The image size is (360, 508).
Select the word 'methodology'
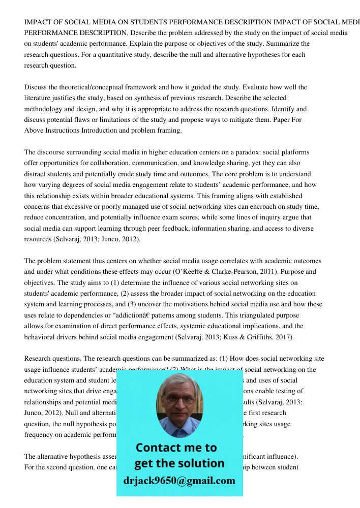coord(43,109)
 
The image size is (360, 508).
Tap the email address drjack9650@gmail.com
coord(179,480)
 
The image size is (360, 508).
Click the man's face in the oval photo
coord(178,401)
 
